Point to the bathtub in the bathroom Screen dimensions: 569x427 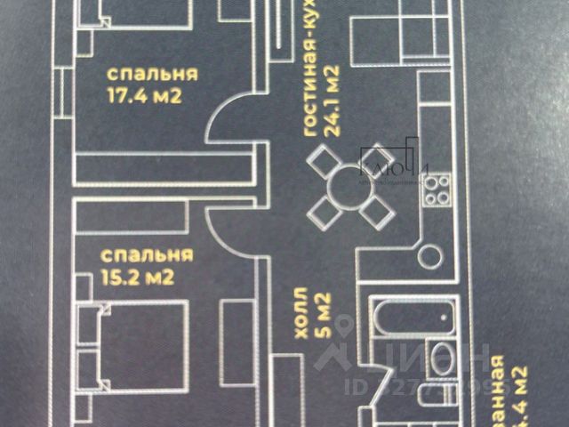pyautogui.click(x=413, y=316)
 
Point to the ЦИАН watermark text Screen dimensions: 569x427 pyautogui.click(x=436, y=364)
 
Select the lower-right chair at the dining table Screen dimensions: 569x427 pyautogui.click(x=377, y=213)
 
